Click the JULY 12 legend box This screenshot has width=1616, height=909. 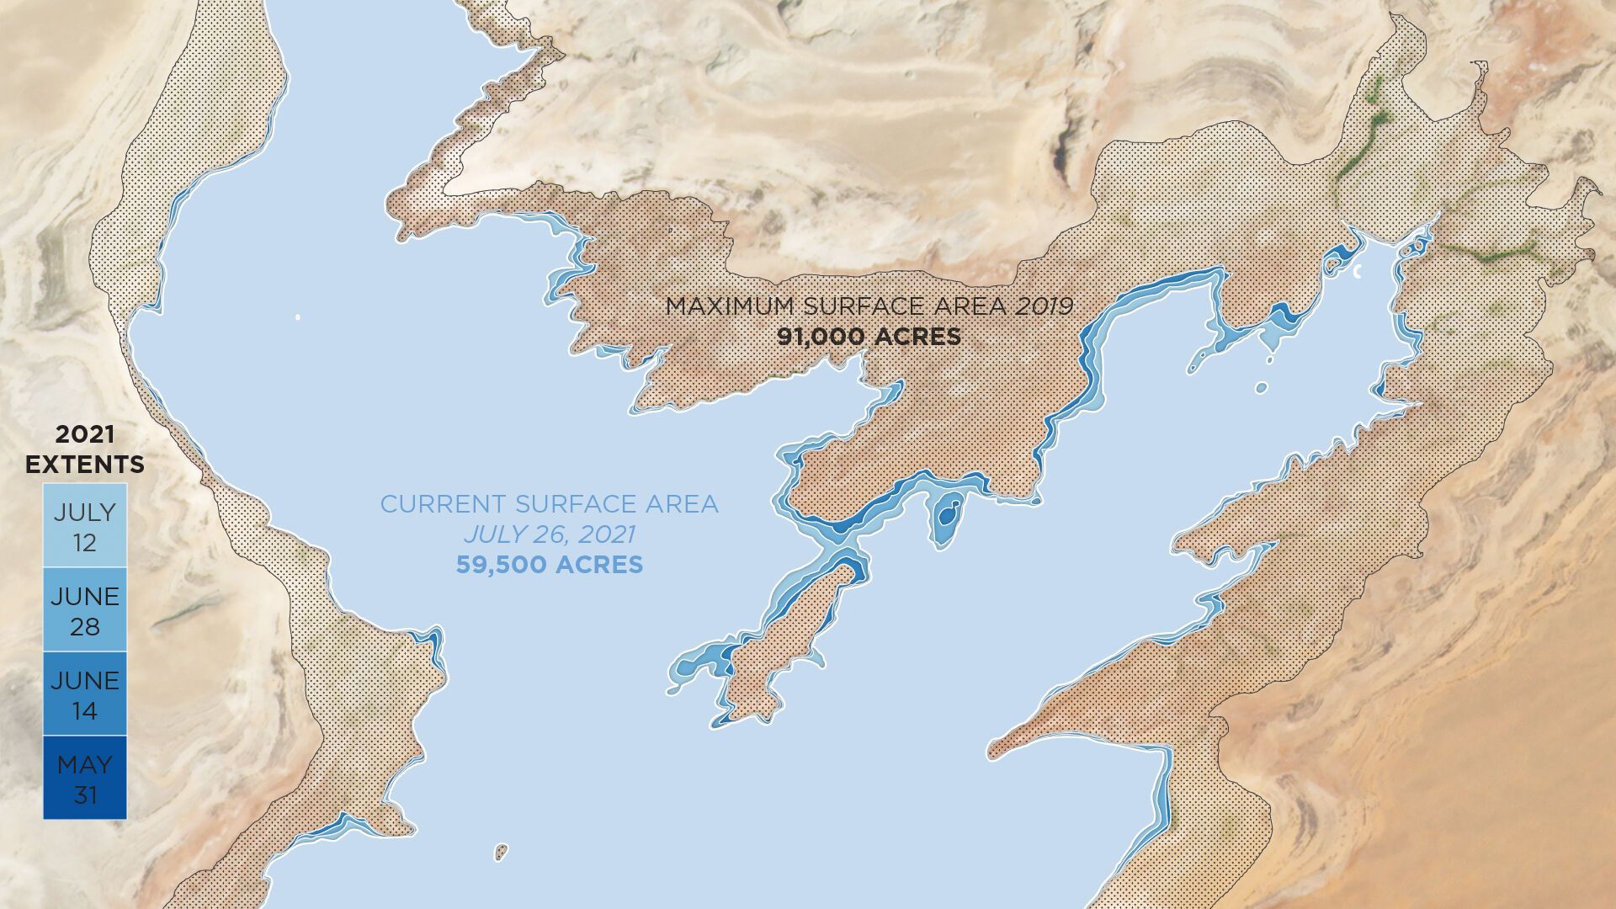tap(84, 525)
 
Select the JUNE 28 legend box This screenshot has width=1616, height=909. tap(84, 610)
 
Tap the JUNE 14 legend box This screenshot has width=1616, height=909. tap(84, 694)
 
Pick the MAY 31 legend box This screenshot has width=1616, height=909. tap(84, 779)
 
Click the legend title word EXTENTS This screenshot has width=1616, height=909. tap(84, 465)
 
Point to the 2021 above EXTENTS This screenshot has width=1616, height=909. tap(84, 435)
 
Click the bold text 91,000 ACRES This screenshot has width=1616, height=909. tap(869, 337)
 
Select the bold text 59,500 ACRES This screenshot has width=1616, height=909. tap(550, 564)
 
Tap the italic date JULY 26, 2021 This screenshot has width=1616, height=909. tap(550, 534)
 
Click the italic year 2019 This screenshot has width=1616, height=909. tap(1044, 306)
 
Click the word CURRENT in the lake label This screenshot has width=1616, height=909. tap(444, 504)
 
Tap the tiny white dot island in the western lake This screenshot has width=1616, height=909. tap(298, 317)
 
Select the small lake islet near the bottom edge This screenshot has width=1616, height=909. tap(501, 852)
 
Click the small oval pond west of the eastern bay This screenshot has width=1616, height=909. tap(1261, 388)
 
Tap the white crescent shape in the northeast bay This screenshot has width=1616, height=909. tap(1357, 271)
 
